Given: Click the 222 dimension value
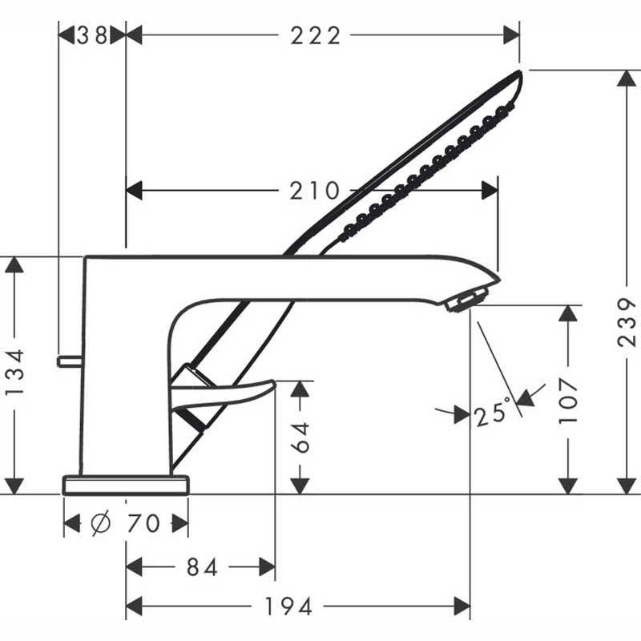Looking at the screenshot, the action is [315, 35].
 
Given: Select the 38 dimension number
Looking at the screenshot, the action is [92, 35].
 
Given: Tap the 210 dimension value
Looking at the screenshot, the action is [314, 191].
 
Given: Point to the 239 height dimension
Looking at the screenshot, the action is [627, 323].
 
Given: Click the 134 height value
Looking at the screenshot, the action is [15, 372].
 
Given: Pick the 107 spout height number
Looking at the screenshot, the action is [568, 401].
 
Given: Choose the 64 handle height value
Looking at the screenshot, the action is [301, 437].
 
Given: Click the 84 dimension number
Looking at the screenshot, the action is [202, 567].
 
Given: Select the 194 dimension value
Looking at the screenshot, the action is [288, 606].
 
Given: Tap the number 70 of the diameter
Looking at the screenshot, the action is [143, 524].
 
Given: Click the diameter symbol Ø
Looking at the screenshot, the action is [100, 523].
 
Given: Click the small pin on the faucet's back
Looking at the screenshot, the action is [70, 361].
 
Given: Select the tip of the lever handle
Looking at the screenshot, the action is [274, 383].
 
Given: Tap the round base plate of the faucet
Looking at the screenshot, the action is [126, 485].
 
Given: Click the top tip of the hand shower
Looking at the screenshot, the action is [520, 71].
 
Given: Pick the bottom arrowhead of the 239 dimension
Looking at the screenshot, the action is [627, 486].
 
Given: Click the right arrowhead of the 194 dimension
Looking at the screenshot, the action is [462, 606].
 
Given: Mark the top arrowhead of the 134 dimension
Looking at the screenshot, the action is [14, 265].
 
